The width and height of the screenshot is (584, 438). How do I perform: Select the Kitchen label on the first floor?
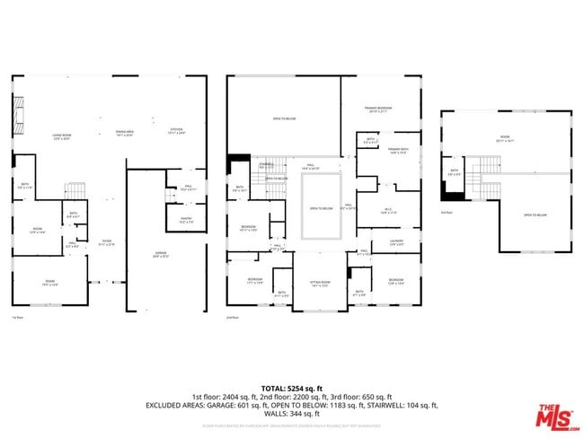coord(177,130)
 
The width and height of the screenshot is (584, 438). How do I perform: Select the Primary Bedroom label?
coord(381,109)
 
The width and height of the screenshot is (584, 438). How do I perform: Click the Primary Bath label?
coord(398,150)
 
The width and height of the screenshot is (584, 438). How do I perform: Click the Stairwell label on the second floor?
coord(266,165)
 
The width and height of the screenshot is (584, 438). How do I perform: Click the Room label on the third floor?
coord(506,139)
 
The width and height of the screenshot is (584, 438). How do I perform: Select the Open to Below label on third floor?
coord(535,215)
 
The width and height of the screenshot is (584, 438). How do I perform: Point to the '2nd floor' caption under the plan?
coord(232,318)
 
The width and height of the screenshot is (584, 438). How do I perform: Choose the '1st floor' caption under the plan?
coord(17,318)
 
